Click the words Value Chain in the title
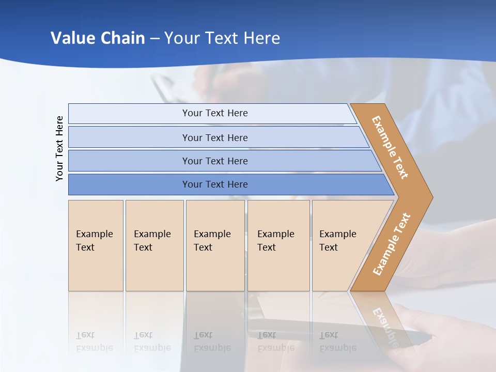98,38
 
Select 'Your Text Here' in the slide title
222,38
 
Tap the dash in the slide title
154,39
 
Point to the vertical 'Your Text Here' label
60,149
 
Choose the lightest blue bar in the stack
214,113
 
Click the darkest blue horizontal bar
214,184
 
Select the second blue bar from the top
214,137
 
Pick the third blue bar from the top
214,161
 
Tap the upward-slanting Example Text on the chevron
392,244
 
